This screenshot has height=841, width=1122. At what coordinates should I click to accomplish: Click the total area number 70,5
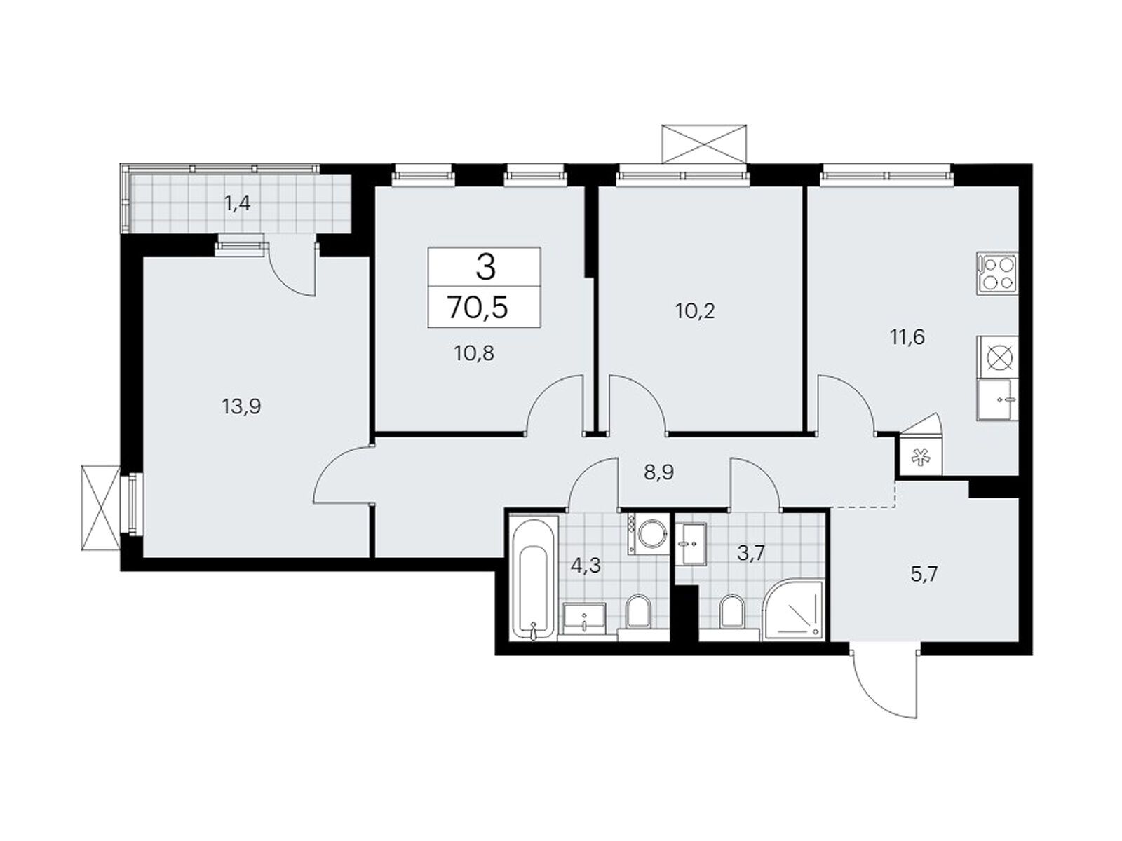coord(478,308)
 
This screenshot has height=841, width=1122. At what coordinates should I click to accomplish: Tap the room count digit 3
coord(485,268)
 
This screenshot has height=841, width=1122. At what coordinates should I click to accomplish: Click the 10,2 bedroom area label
coord(695,311)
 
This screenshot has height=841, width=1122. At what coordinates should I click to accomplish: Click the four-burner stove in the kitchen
coord(996,274)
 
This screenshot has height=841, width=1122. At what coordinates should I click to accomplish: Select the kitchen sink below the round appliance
coord(996,399)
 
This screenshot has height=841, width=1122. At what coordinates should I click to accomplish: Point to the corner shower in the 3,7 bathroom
coord(792,609)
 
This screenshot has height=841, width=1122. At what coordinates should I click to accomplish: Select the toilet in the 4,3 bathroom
coord(638,613)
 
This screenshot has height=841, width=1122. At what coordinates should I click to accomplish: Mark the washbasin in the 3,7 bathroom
coord(691,543)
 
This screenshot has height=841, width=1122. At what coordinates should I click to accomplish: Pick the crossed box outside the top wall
coord(703,144)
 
